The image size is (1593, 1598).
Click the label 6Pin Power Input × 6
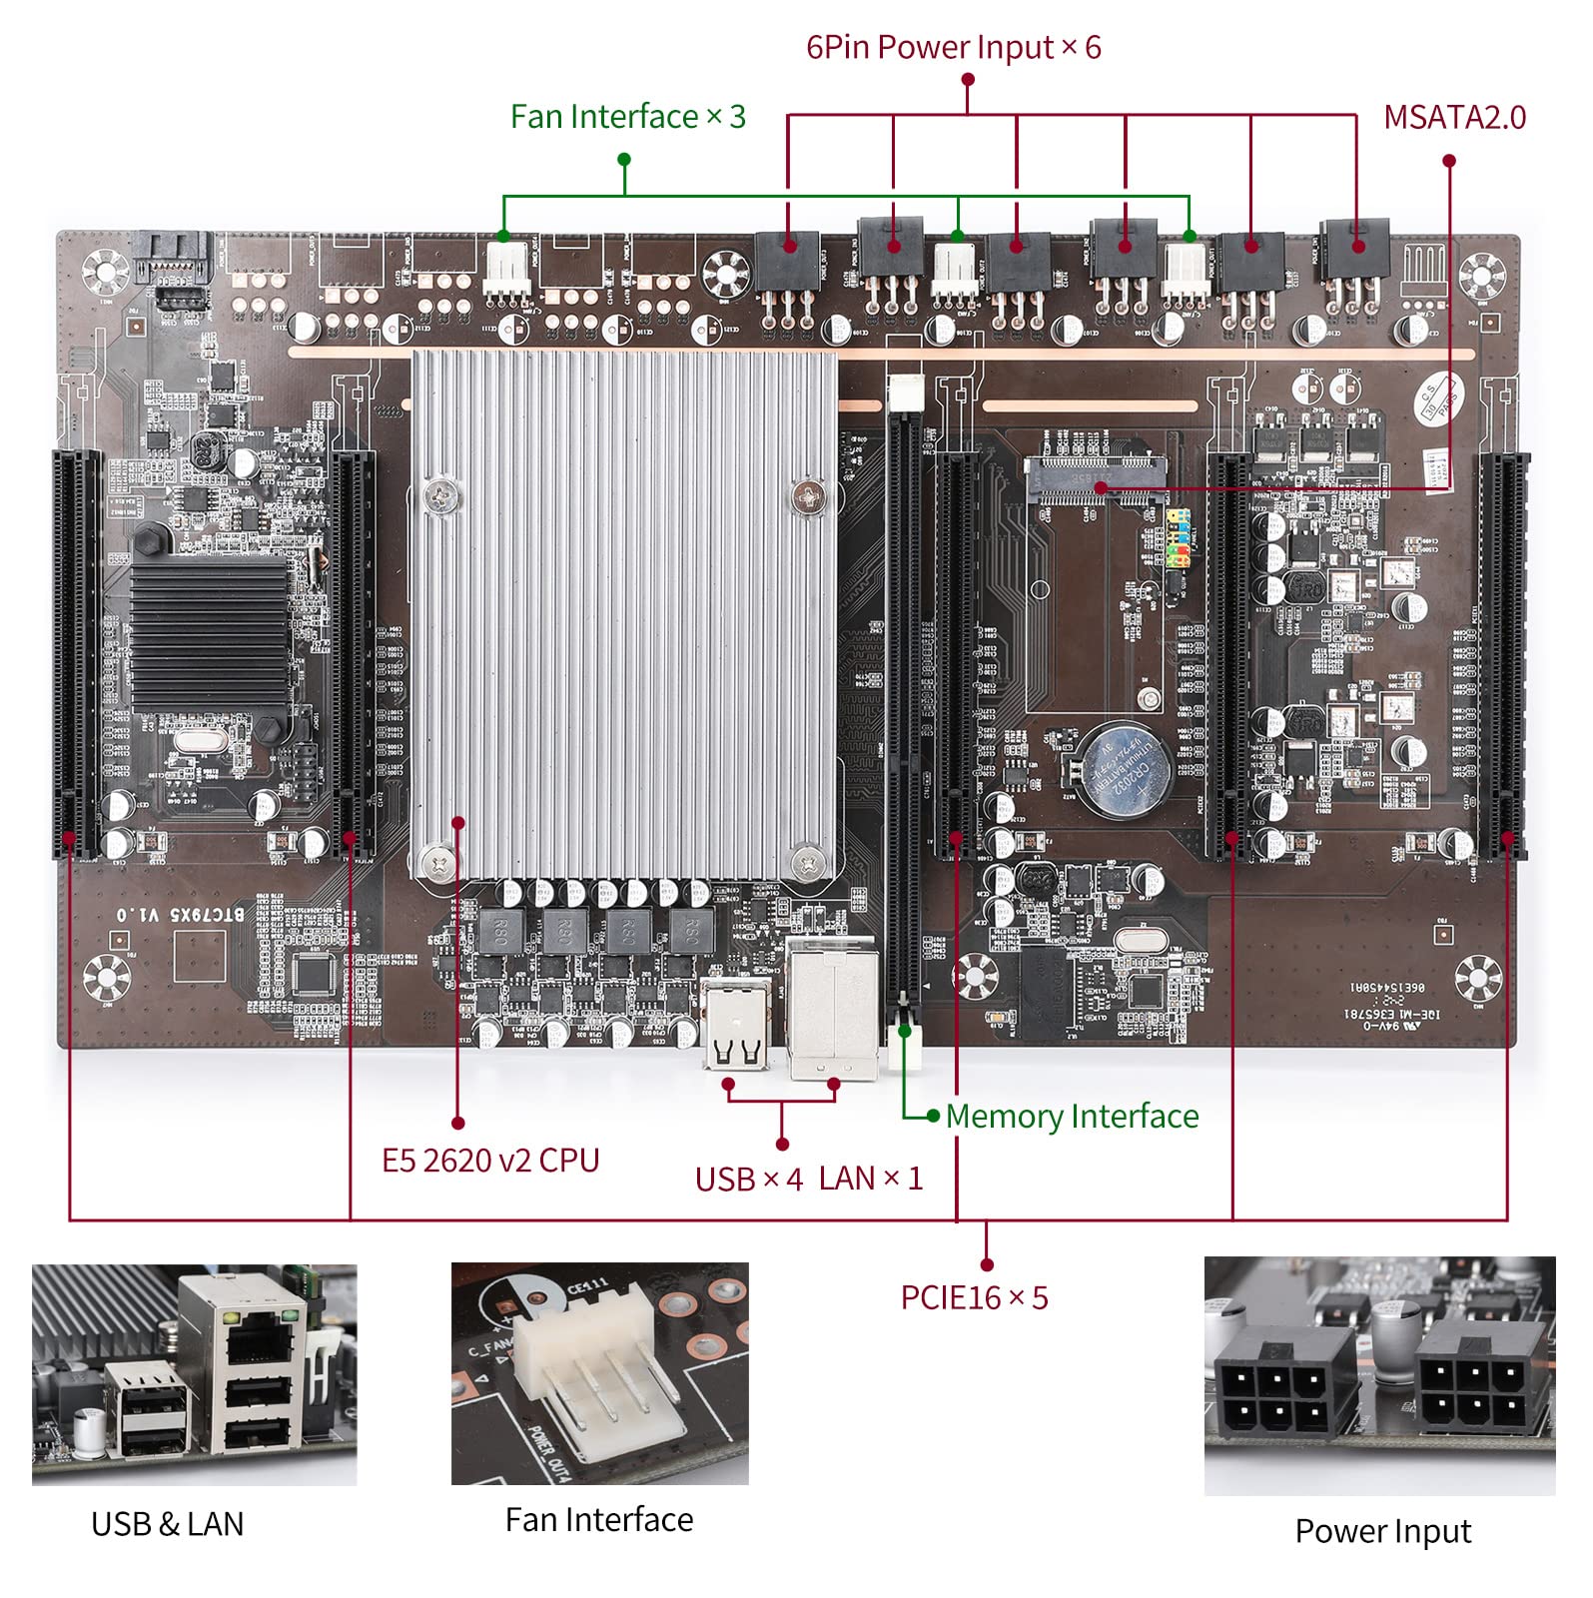point(953,47)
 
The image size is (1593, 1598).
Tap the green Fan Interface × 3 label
point(627,117)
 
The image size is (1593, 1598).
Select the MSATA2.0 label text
point(1453,118)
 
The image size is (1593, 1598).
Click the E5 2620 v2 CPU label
point(489,1161)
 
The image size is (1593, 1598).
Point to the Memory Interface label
point(1071,1116)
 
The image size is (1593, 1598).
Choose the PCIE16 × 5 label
point(974,1297)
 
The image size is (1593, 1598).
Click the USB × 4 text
point(748,1180)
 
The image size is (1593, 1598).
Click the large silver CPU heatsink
point(625,614)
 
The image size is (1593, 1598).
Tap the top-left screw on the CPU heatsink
point(439,492)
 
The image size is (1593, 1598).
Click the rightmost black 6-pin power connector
point(1353,250)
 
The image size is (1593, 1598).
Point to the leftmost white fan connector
point(507,270)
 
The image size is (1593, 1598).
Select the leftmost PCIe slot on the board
point(76,654)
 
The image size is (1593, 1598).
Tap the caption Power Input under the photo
point(1382,1531)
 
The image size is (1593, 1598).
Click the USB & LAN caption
point(167,1524)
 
